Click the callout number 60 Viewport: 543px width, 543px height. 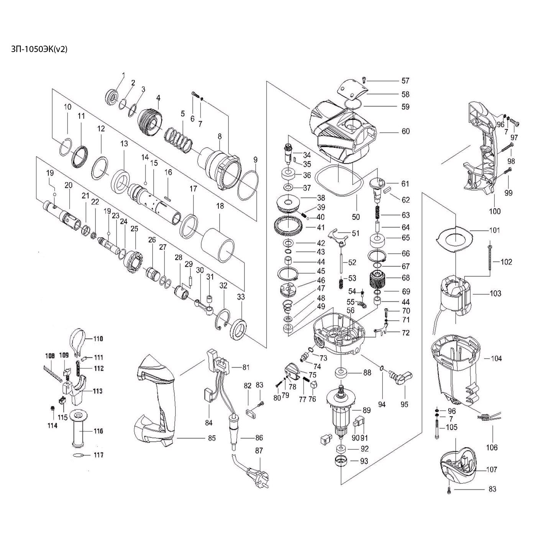click(x=405, y=131)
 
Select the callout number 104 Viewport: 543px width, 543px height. click(x=496, y=358)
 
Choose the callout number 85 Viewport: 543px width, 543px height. click(x=212, y=438)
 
